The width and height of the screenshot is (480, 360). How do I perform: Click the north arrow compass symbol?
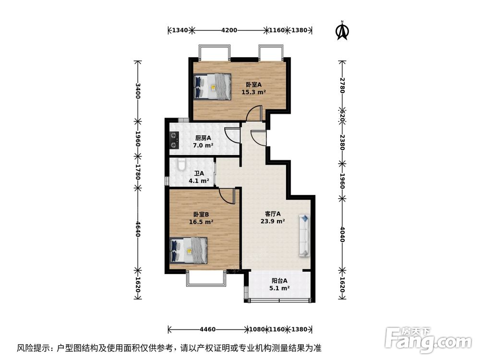(x=342, y=30)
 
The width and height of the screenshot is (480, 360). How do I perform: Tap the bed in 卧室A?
(x=212, y=86)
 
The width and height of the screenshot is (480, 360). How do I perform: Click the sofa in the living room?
(x=304, y=235)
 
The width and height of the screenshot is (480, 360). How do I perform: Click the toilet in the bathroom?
(x=181, y=166)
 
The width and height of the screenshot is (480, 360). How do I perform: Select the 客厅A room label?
(x=272, y=214)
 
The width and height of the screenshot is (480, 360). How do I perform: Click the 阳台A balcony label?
(x=279, y=281)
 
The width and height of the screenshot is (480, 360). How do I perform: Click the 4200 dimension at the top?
(x=229, y=30)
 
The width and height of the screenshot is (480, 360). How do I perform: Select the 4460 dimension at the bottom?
(x=207, y=330)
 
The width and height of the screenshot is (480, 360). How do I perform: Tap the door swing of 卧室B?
(x=226, y=195)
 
